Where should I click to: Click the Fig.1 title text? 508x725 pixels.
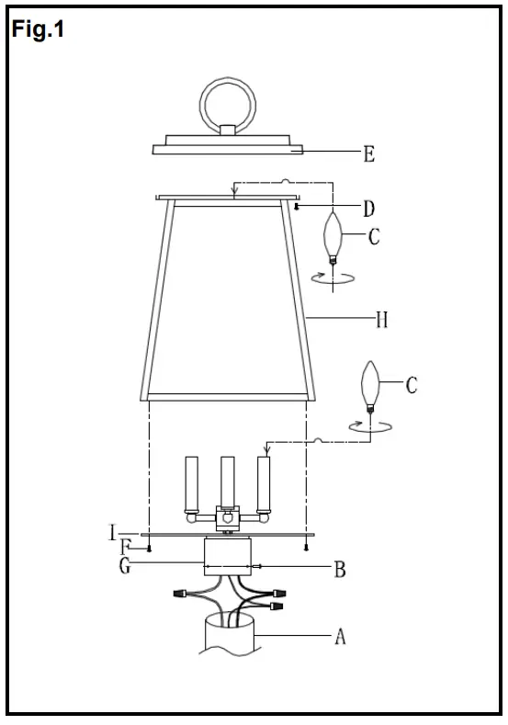(x=37, y=29)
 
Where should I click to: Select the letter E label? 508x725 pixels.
(x=368, y=153)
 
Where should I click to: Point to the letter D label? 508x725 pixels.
(x=368, y=210)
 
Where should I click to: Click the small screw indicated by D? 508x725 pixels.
(x=299, y=207)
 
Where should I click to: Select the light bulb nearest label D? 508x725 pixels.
(x=334, y=235)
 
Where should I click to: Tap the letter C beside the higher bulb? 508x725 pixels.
(x=374, y=237)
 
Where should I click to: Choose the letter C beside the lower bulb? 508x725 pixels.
(x=411, y=384)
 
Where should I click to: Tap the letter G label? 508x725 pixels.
(x=125, y=566)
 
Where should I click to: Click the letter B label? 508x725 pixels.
(x=339, y=570)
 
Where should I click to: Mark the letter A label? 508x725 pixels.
(x=339, y=636)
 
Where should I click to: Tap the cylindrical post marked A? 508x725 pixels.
(x=228, y=634)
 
